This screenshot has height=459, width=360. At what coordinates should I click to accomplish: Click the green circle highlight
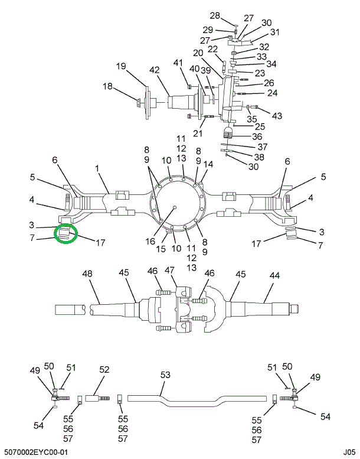(66, 235)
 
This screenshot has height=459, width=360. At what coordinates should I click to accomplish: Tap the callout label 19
(122, 66)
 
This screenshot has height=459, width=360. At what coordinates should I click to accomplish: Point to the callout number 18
(108, 86)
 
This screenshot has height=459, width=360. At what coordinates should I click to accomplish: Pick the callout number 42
(155, 70)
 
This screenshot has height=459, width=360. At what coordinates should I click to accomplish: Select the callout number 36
(257, 136)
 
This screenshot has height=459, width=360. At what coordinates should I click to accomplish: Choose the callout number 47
(171, 270)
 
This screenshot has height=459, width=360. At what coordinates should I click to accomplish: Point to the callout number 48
(88, 274)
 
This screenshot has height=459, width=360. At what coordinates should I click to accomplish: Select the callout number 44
(275, 274)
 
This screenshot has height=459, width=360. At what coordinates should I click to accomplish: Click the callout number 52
(104, 370)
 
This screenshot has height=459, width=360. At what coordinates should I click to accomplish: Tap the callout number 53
(165, 375)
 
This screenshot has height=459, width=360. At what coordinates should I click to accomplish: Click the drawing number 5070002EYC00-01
(36, 452)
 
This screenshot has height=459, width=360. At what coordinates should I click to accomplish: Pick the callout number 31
(275, 32)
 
